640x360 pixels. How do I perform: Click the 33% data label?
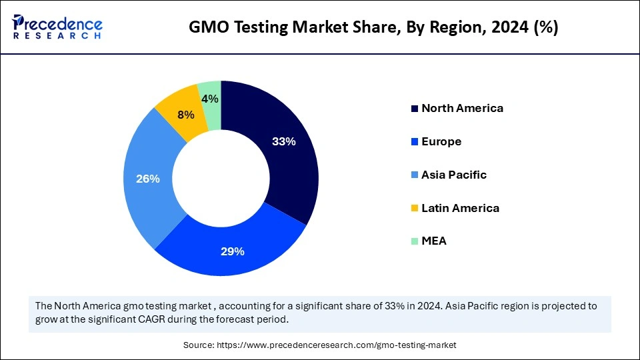(x=283, y=141)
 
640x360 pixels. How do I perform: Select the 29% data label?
(x=233, y=251)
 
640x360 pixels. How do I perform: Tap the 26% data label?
(x=147, y=179)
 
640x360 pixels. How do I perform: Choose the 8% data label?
(x=186, y=115)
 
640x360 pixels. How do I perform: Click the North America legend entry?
(x=462, y=108)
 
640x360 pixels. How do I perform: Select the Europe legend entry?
(x=441, y=141)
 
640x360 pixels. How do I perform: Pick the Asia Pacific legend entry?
(x=454, y=175)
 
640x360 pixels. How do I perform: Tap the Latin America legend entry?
(x=460, y=208)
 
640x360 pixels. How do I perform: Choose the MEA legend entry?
(x=434, y=241)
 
